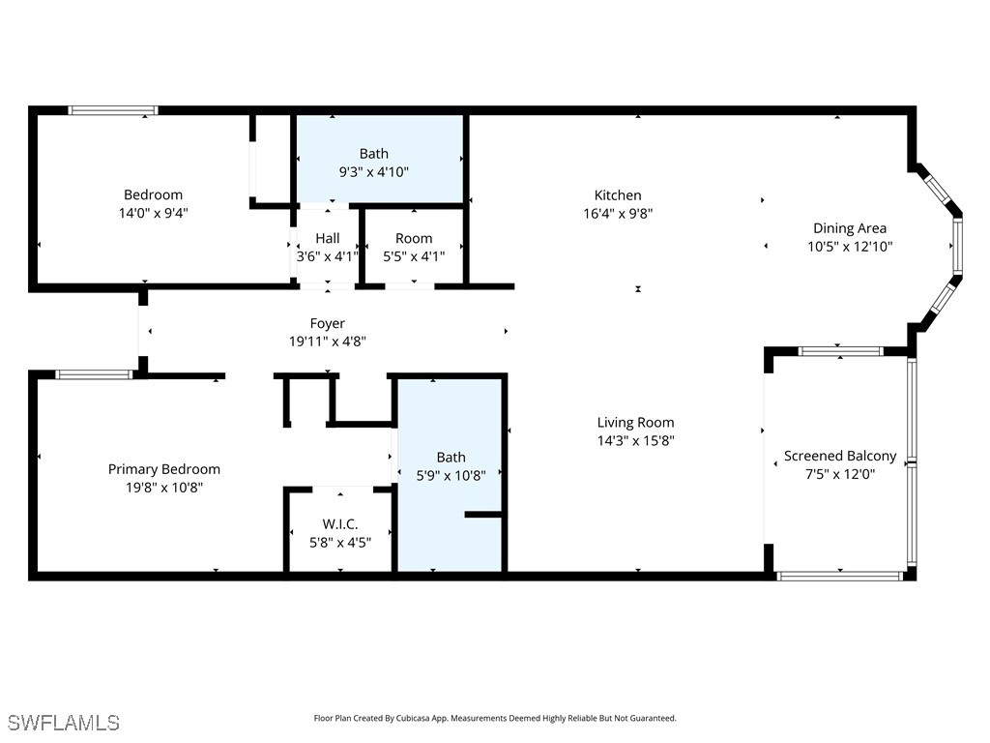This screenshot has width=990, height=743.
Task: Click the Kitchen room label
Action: click(x=618, y=195)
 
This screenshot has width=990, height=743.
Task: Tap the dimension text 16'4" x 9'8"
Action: click(x=618, y=214)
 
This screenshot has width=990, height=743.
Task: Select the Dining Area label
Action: click(x=849, y=228)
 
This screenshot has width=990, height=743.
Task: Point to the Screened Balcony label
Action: click(x=839, y=456)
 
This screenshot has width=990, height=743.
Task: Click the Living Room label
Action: click(x=635, y=422)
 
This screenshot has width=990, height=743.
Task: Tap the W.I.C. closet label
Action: click(x=340, y=523)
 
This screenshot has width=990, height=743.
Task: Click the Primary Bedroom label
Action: click(x=164, y=469)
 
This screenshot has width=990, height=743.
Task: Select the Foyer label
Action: click(x=327, y=323)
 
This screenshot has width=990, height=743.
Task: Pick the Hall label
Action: click(x=327, y=238)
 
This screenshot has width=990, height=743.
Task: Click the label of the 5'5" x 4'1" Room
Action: click(x=414, y=238)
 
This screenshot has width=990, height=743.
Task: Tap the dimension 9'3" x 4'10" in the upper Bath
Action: click(x=373, y=172)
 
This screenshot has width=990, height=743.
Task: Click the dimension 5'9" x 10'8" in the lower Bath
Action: click(x=451, y=475)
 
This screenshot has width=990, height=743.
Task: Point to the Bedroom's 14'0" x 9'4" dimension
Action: click(x=153, y=213)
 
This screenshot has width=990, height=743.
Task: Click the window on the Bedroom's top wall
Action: click(x=113, y=110)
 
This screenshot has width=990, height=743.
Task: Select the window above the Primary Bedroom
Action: click(x=94, y=374)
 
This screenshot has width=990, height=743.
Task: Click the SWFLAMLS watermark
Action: click(x=63, y=723)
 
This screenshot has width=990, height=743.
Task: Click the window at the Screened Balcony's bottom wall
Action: click(x=839, y=576)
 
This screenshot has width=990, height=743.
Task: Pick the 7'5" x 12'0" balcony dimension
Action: click(x=839, y=474)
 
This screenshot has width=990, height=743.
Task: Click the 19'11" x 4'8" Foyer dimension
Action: click(x=327, y=342)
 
